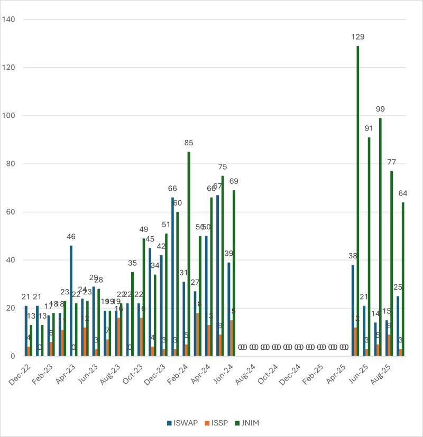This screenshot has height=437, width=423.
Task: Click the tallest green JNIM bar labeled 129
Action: pos(357,201)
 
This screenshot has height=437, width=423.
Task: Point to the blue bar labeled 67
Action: pos(217,275)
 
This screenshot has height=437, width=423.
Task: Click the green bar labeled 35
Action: pos(132,314)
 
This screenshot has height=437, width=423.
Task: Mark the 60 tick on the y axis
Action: pos(12,212)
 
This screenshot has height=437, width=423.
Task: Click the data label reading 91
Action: pos(369,128)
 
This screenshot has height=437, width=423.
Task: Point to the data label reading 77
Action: pos(391,162)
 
